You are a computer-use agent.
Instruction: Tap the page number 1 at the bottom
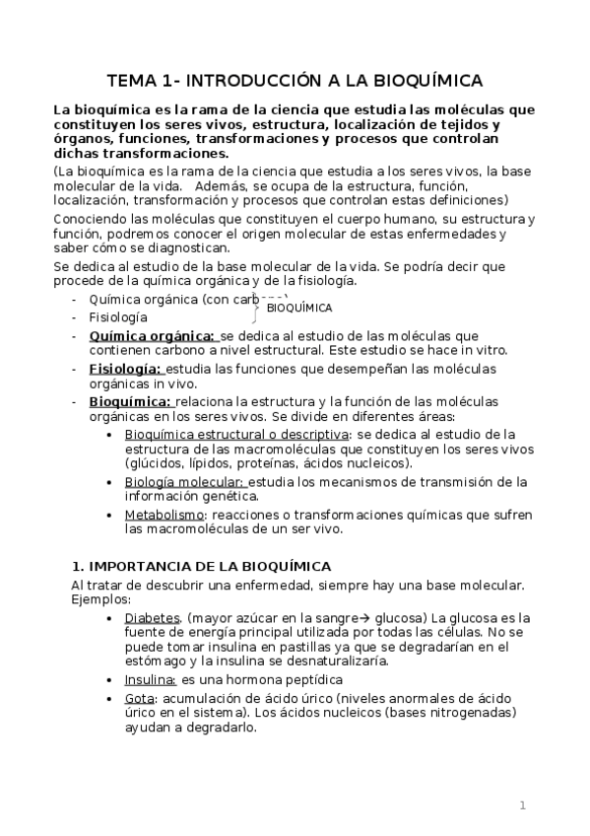click(x=523, y=805)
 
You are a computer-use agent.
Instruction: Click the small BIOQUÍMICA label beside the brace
click(x=299, y=308)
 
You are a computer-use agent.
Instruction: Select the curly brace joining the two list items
click(x=256, y=307)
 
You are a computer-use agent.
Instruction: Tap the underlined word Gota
click(x=139, y=698)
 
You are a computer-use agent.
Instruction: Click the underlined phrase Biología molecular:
click(x=185, y=482)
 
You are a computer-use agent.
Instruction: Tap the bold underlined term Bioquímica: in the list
click(x=130, y=401)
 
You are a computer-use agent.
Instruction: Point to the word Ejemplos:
click(x=100, y=599)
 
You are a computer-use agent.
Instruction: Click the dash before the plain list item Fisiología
click(x=75, y=317)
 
